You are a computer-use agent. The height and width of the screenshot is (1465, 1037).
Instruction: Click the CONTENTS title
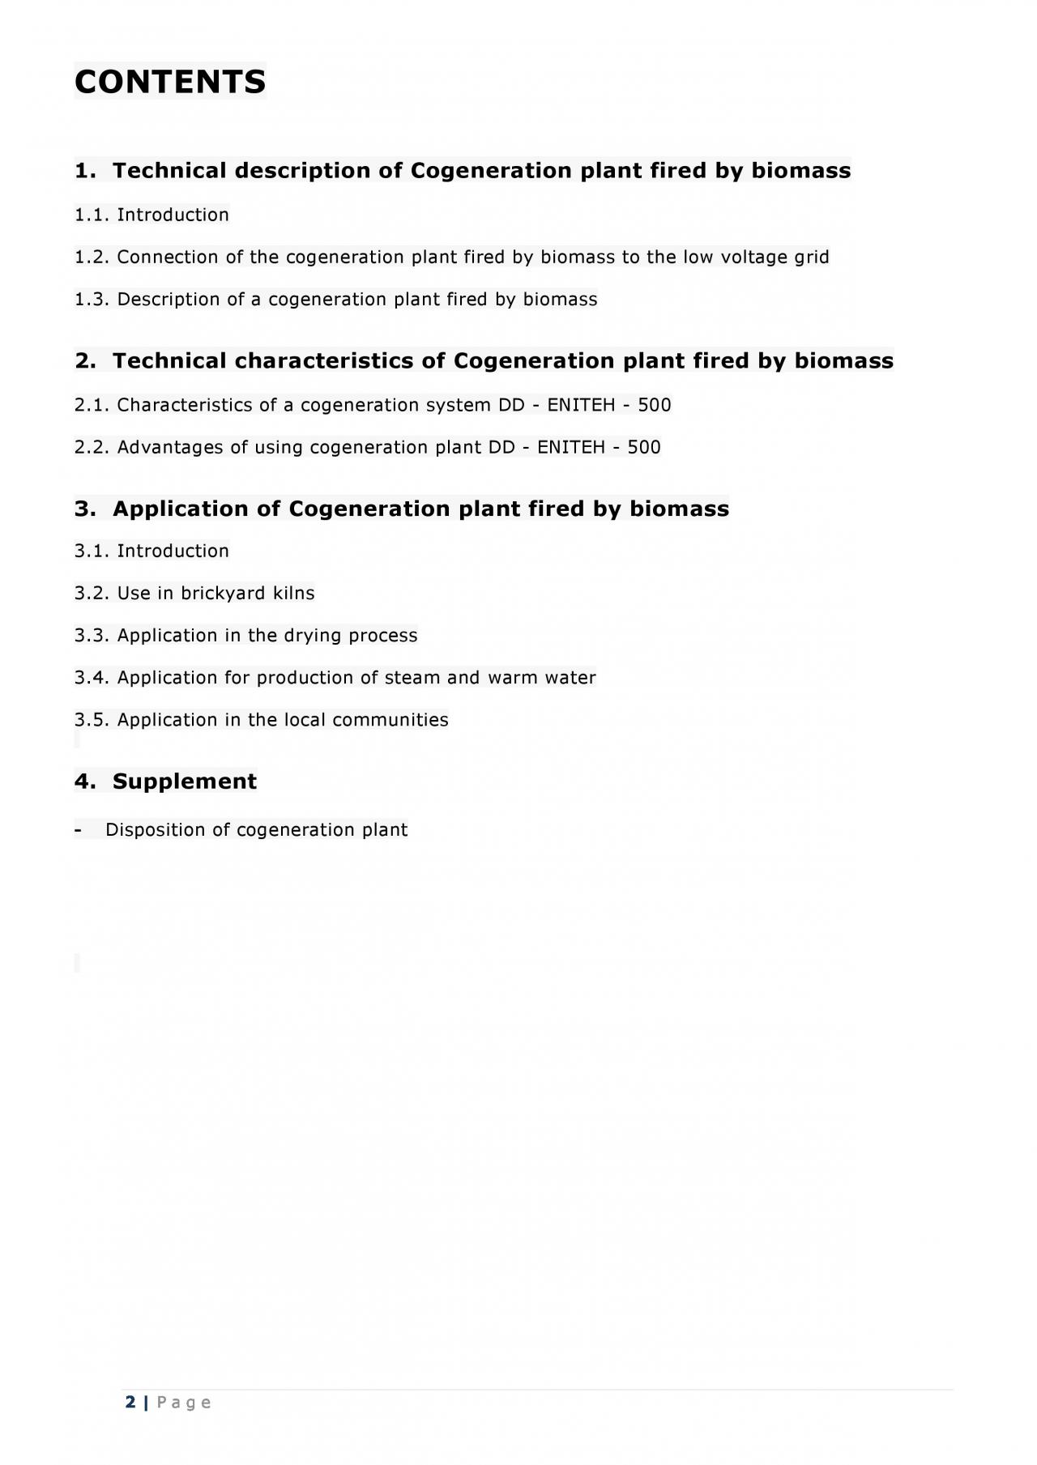(170, 82)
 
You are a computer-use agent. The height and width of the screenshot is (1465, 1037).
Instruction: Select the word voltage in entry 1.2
(753, 258)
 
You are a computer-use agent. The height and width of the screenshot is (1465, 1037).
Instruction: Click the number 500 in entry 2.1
(655, 405)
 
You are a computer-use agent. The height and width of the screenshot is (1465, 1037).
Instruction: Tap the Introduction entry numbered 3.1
(173, 552)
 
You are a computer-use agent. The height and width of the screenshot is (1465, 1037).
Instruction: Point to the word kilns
(293, 594)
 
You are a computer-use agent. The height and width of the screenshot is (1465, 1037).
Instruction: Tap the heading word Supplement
(185, 781)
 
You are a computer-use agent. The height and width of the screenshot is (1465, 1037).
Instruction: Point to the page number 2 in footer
(130, 1403)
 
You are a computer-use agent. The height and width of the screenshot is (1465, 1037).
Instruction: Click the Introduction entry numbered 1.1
(173, 215)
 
